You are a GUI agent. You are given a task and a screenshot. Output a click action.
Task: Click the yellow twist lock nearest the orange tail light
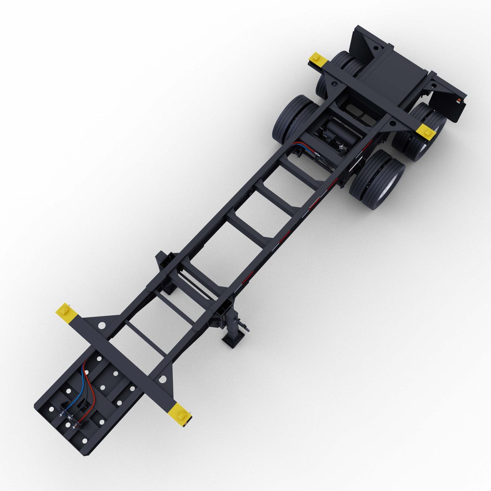pos(427,131)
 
